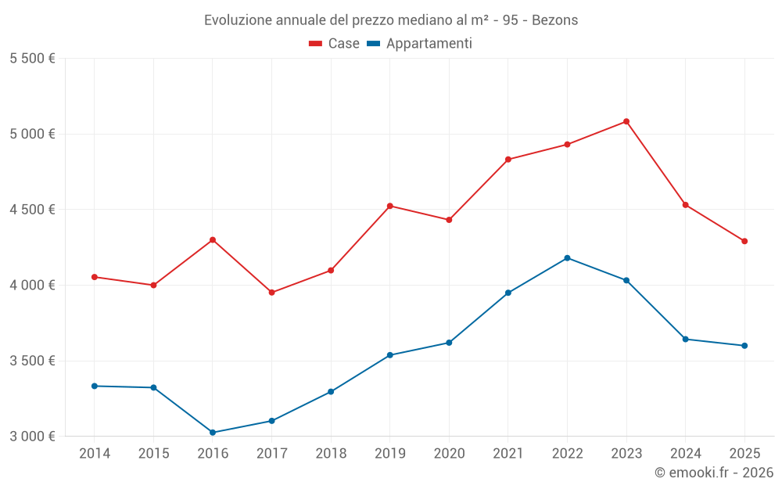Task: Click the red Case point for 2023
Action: click(x=626, y=121)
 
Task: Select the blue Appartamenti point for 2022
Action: click(x=567, y=258)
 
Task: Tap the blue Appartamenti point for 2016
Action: click(x=213, y=433)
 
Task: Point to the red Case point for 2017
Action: click(x=271, y=293)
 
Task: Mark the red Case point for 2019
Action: click(x=390, y=206)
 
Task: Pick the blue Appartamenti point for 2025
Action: click(x=744, y=346)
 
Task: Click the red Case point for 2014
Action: click(x=95, y=277)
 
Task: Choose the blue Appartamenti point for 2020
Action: click(x=449, y=343)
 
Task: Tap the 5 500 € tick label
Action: click(x=32, y=59)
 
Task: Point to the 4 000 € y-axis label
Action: click(x=32, y=286)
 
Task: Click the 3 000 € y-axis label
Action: click(x=32, y=437)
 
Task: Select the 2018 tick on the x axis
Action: click(x=331, y=453)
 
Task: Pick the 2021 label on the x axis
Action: click(x=508, y=453)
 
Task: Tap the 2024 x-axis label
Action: click(x=685, y=453)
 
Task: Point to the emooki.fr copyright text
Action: click(x=713, y=473)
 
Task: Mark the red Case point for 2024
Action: click(x=685, y=205)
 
